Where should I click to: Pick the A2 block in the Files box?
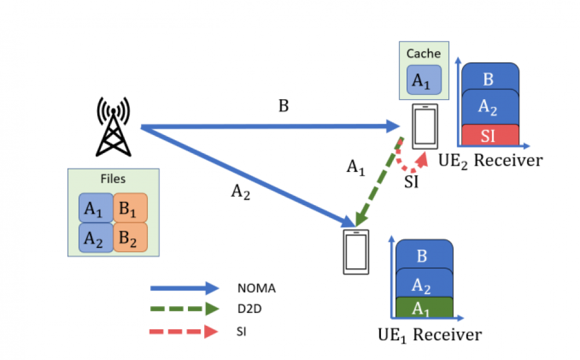[x=96, y=238]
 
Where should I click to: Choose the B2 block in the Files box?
[x=130, y=238]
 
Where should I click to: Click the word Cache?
[x=423, y=54]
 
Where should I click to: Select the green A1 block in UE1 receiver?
[x=423, y=308]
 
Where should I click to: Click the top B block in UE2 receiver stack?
[x=489, y=78]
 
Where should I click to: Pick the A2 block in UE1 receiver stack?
[x=423, y=284]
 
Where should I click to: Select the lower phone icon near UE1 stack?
[x=355, y=252]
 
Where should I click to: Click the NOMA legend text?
[x=256, y=288]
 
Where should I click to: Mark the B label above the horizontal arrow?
[x=284, y=106]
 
